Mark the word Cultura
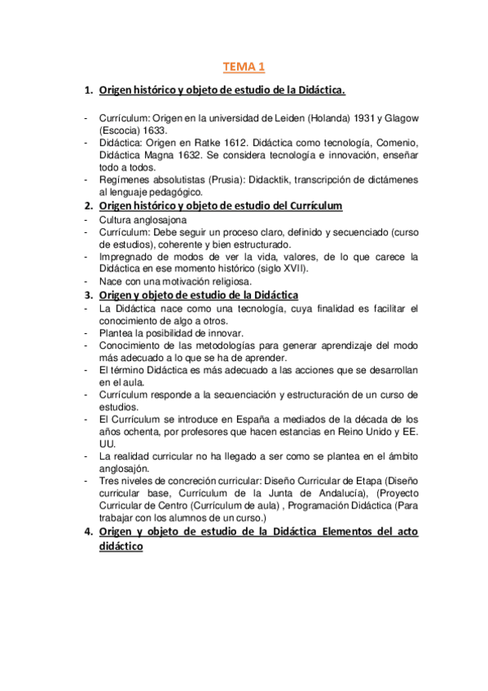tap(117, 220)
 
